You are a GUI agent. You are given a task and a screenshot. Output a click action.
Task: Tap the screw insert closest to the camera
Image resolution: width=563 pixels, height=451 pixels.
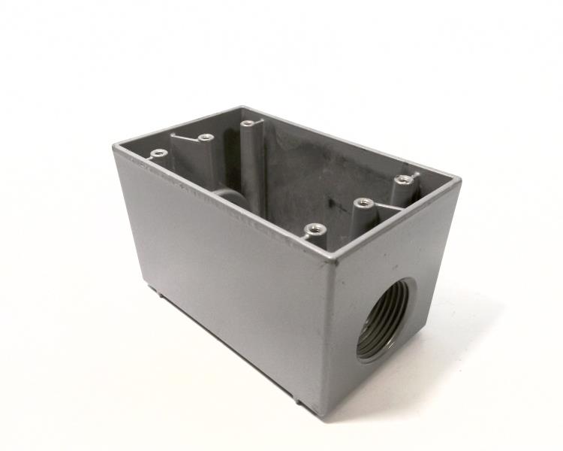(312, 229)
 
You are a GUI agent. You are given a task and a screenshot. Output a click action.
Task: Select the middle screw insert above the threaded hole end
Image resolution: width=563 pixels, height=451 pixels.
(363, 203)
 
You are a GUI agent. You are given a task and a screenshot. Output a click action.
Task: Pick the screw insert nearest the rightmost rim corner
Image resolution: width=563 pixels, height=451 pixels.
(405, 179)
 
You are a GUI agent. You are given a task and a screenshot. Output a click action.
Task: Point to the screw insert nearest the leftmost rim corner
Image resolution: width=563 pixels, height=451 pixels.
(158, 153)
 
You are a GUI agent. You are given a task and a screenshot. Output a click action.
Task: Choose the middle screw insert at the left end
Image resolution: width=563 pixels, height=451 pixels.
(203, 138)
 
